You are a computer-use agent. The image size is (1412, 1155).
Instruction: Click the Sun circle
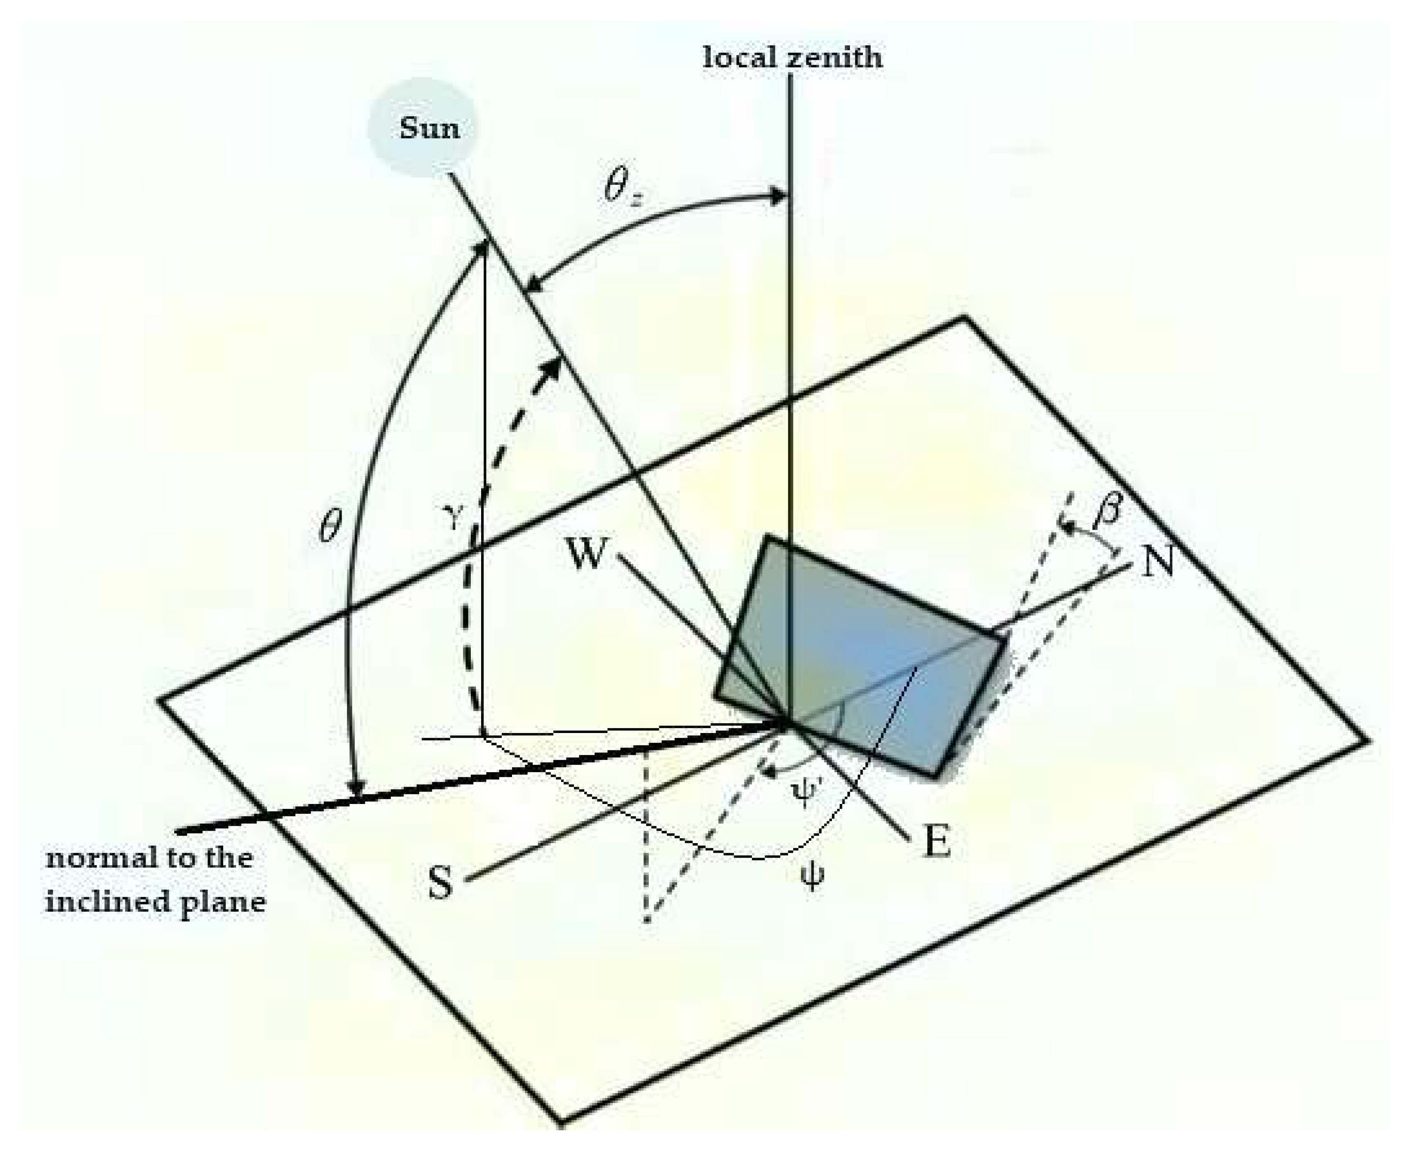tap(424, 127)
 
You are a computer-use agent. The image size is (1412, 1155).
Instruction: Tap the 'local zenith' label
tap(792, 58)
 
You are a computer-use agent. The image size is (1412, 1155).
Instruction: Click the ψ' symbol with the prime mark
tap(807, 793)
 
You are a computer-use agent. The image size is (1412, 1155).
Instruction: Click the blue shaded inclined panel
tap(865, 659)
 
